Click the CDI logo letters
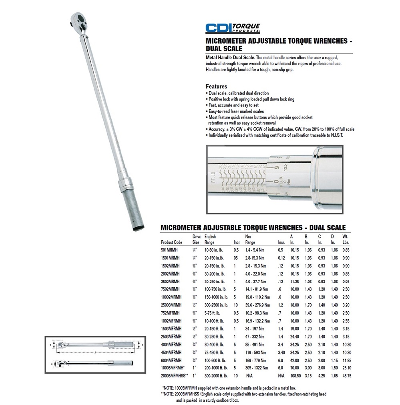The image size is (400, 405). (219, 28)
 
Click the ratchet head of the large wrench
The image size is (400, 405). (78, 20)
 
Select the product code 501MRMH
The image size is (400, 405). (169, 250)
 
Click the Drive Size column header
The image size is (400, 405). (197, 240)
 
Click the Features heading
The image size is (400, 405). (217, 86)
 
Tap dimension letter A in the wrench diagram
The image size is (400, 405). (95, 353)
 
